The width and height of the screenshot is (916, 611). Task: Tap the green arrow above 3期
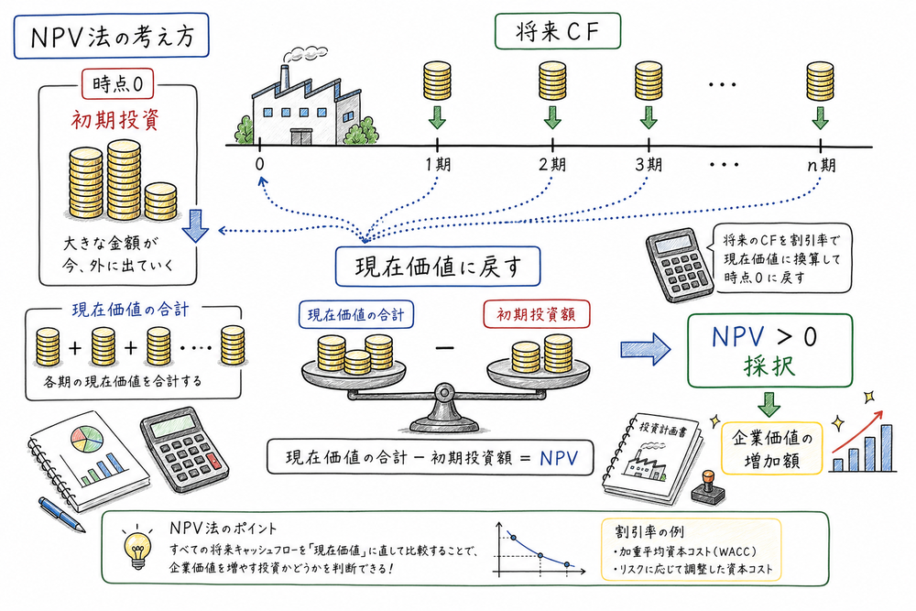pos(649,117)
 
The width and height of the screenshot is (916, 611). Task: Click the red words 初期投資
pos(117,120)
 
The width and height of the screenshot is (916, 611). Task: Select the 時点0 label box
pos(116,85)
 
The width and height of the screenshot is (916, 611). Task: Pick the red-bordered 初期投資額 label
pos(537,315)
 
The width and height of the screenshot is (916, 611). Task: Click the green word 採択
pos(766,371)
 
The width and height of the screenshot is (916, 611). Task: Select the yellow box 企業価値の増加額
pos(772,447)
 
